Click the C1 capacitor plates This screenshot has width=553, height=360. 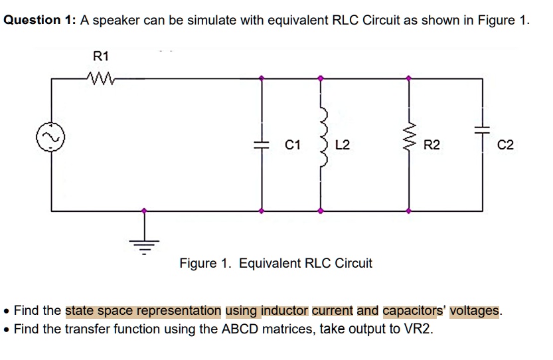pyautogui.click(x=263, y=144)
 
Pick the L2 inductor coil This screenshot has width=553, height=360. pyautogui.click(x=323, y=143)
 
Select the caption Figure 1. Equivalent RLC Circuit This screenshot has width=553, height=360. pyautogui.click(x=276, y=263)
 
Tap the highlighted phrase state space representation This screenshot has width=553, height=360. pyautogui.click(x=143, y=310)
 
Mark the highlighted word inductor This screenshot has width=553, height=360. pyautogui.click(x=285, y=310)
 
